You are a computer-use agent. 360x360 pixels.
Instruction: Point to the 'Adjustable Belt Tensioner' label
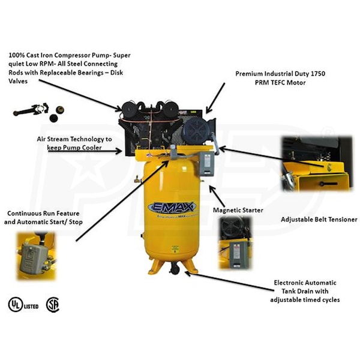[x=319, y=220]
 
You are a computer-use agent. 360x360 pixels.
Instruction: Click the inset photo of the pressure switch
[x=35, y=256]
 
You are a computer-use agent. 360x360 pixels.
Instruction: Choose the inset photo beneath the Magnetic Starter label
[x=235, y=242]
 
